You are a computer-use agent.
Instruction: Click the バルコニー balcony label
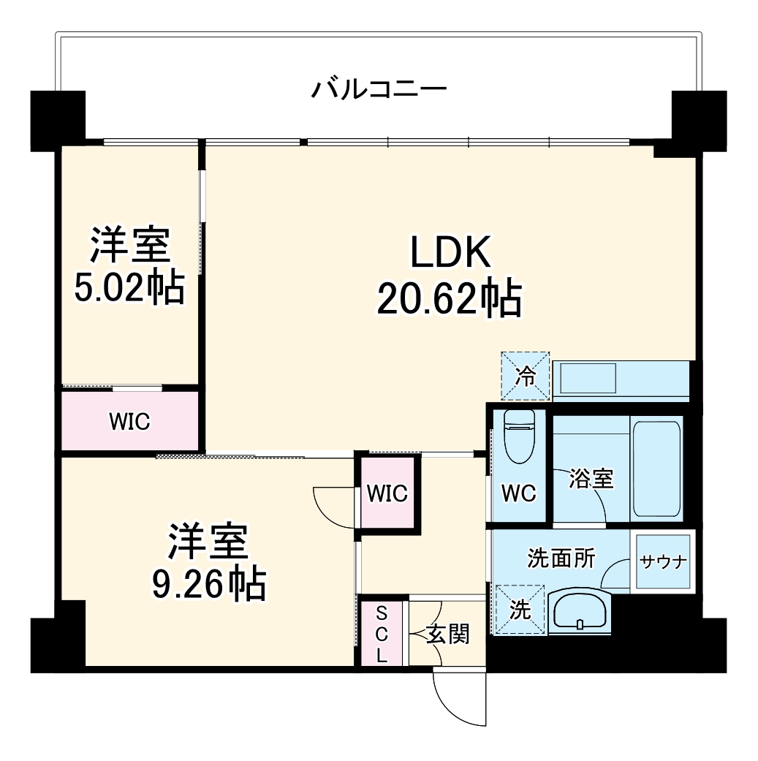[x=379, y=90]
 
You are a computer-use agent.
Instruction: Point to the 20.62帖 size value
[x=449, y=298]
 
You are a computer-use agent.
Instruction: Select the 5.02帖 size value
[x=129, y=287]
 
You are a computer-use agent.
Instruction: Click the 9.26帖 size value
[x=208, y=583]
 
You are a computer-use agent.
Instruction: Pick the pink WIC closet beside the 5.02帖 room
[x=129, y=421]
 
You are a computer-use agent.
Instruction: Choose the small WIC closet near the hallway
[x=387, y=493]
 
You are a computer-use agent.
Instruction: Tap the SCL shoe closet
[x=381, y=633]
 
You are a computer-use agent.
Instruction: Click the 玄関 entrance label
[x=447, y=634]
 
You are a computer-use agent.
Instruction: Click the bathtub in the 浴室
[x=656, y=468]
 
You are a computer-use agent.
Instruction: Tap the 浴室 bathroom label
[x=591, y=479]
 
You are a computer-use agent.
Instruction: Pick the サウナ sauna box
[x=662, y=561]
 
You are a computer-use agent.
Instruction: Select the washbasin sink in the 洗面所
[x=579, y=609]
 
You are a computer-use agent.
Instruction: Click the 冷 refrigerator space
[x=525, y=376]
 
